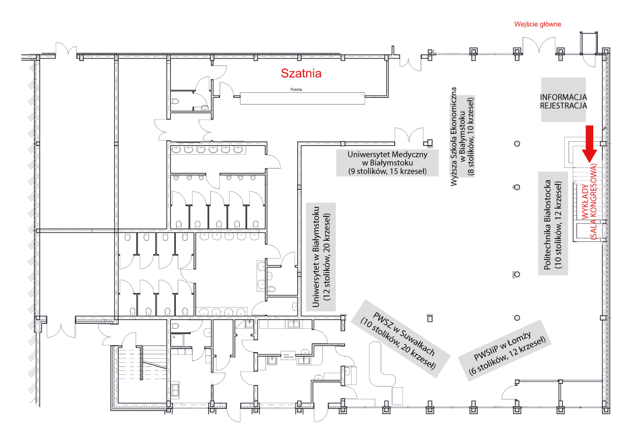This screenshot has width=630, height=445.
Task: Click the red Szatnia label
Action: pyautogui.click(x=301, y=73)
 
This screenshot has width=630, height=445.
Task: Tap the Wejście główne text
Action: pyautogui.click(x=538, y=24)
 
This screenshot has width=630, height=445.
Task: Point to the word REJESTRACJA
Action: pyautogui.click(x=564, y=104)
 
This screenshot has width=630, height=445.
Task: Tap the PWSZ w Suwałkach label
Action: pyautogui.click(x=397, y=336)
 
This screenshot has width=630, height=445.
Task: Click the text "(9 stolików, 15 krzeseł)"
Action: pyautogui.click(x=386, y=171)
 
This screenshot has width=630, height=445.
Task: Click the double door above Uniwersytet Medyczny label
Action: pyautogui.click(x=410, y=134)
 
